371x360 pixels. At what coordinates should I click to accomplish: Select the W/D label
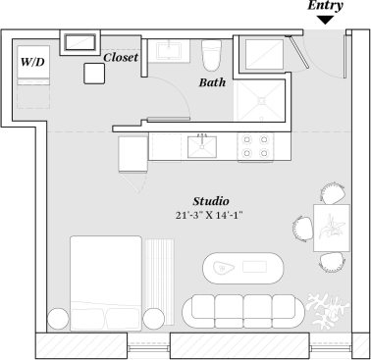tap(32, 62)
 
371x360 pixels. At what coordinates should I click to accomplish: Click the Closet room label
tap(120, 57)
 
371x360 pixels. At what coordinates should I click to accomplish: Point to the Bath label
tap(212, 83)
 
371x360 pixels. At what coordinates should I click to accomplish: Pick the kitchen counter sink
tap(201, 147)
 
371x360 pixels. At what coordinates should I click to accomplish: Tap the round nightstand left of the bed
tap(57, 318)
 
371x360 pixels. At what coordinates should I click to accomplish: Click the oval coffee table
tap(241, 267)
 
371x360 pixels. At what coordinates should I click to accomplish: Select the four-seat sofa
tap(239, 311)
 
